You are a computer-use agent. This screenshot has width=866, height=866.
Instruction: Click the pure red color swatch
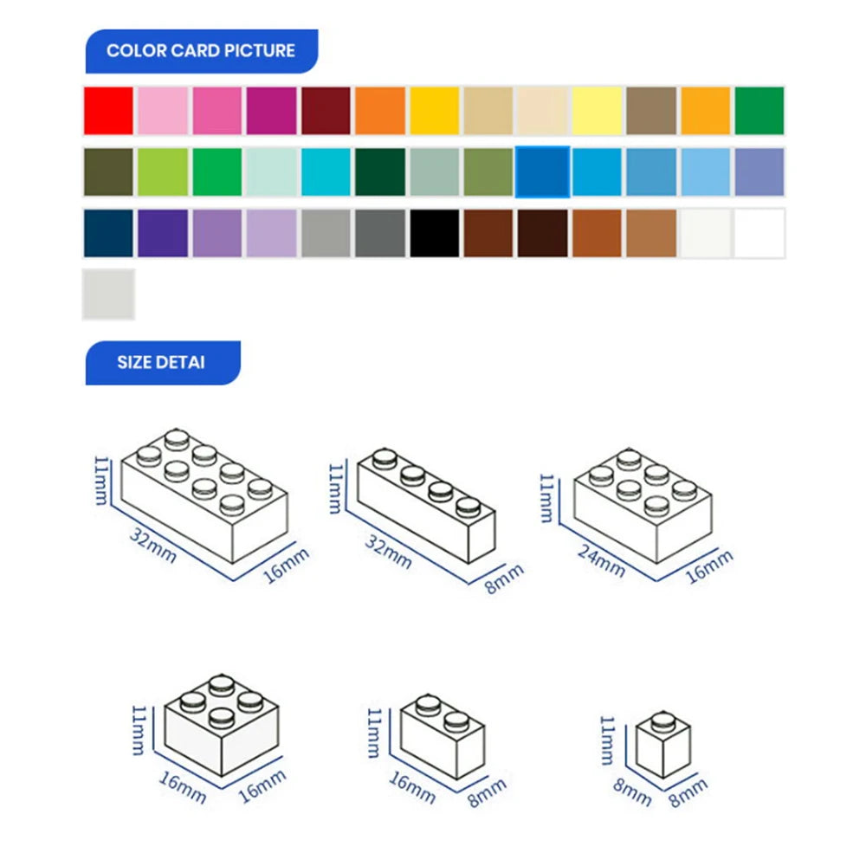108,111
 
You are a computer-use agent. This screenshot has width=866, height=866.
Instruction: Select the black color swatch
434,233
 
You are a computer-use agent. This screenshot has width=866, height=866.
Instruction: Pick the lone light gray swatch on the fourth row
108,294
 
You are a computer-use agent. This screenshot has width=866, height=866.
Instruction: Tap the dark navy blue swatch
108,233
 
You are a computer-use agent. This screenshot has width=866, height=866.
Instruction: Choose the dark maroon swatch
326,111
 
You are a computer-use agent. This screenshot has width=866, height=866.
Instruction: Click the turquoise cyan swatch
326,171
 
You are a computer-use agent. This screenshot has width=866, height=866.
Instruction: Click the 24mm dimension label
602,560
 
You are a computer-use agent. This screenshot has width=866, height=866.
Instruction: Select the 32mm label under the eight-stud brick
153,545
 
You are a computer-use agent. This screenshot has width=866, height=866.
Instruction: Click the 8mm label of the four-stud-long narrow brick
504,578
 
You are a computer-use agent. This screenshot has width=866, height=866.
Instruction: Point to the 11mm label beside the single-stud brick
608,740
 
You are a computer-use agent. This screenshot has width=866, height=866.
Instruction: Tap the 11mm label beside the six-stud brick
546,498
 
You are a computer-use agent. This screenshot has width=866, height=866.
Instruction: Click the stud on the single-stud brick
663,721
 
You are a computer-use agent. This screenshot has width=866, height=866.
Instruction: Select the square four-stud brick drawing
222,725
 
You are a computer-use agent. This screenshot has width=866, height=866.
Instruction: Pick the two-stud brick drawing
443,735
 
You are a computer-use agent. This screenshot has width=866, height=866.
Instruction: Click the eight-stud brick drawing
204,495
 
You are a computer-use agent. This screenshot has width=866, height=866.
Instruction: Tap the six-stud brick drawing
643,506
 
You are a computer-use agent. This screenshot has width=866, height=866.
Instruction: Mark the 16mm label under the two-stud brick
412,787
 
